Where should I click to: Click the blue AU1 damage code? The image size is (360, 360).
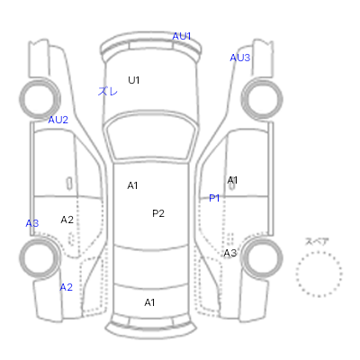pos(182,36)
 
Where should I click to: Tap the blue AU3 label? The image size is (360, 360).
pos(239,58)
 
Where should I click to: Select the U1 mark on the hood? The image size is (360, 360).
pos(134,80)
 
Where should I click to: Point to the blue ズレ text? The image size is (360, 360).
pos(108,91)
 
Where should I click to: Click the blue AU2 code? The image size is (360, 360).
pos(58,120)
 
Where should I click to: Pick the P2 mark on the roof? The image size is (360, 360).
pos(158,213)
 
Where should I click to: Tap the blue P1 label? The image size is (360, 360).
pos(214,198)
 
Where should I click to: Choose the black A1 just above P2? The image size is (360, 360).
pos(132,185)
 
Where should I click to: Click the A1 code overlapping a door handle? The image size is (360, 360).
pos(232,180)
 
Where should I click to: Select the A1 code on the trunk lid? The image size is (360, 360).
pos(149,302)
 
